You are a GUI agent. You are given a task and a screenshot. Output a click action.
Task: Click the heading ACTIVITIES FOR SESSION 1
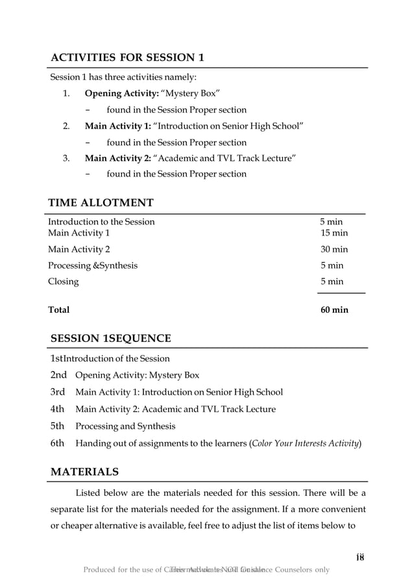pos(128,58)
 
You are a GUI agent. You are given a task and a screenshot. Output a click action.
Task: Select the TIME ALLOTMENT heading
pos(101,203)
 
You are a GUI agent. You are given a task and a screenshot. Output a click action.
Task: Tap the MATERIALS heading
pos(84,471)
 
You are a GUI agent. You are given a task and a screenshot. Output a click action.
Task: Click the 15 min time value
pos(334,232)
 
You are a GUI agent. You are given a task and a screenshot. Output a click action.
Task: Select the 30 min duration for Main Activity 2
pos(334,249)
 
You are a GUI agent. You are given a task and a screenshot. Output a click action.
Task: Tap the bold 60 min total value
pos(334,310)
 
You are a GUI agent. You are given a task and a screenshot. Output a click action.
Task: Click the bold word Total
pos(59,310)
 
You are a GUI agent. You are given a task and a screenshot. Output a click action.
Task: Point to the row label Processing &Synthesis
pos(93,265)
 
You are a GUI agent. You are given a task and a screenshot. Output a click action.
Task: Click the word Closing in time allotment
pos(64,282)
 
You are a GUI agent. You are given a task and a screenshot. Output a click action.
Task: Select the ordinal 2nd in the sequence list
pos(59,374)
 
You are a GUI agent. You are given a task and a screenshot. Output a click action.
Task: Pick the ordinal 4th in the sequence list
pos(58,409)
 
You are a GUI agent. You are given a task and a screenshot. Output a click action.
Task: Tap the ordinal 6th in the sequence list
pos(58,443)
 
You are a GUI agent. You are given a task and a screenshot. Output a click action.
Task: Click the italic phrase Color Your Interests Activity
pos(306,444)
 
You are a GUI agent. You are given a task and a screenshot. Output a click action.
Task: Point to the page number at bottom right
pos(361,557)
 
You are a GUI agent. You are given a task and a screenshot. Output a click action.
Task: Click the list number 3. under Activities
pos(66,158)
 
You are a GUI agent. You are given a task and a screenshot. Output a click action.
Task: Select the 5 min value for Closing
pos(332,282)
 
